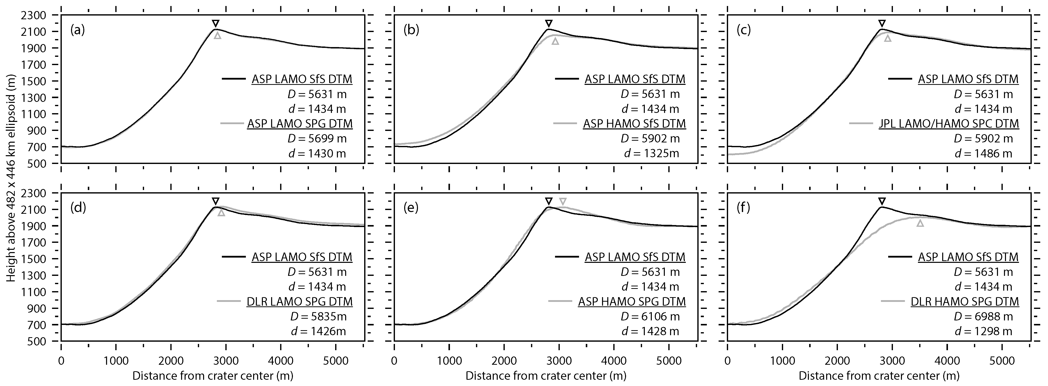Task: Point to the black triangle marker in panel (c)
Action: click(882, 23)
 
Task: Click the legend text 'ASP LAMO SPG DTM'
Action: click(300, 124)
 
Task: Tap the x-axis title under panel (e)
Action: click(546, 375)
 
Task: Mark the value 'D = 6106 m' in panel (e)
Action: click(650, 316)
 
